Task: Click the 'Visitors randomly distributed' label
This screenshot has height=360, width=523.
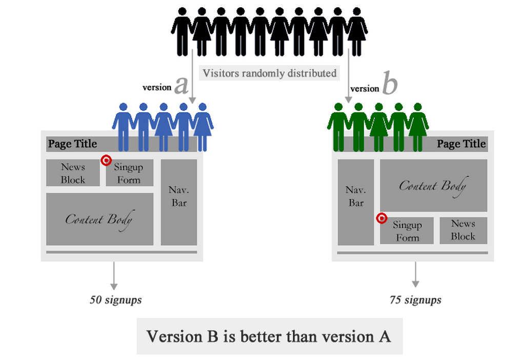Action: coord(270,73)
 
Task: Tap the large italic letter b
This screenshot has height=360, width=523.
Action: coord(390,85)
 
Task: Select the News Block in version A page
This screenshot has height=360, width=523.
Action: coord(73,173)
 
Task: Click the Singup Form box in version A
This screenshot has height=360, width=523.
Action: coord(129,173)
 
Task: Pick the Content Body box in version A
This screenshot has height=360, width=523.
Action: coord(99,219)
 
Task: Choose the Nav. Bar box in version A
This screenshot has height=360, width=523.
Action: coord(178,202)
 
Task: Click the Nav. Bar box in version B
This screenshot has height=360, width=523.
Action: coord(356,202)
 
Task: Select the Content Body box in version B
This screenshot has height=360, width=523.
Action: coord(433,185)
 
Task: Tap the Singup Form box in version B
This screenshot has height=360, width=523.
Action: coord(407,231)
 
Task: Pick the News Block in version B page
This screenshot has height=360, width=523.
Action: coord(463,230)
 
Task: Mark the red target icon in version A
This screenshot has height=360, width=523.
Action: coord(106,161)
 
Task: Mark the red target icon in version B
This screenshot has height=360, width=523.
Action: coord(381,218)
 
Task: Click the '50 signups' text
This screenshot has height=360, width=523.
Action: coord(116,300)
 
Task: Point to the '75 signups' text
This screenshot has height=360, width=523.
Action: coord(415,300)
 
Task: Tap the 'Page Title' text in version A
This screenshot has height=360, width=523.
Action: coord(72,144)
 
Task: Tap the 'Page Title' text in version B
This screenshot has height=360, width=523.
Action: coord(461,144)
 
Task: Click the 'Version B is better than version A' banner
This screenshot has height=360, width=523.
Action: coord(269,336)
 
